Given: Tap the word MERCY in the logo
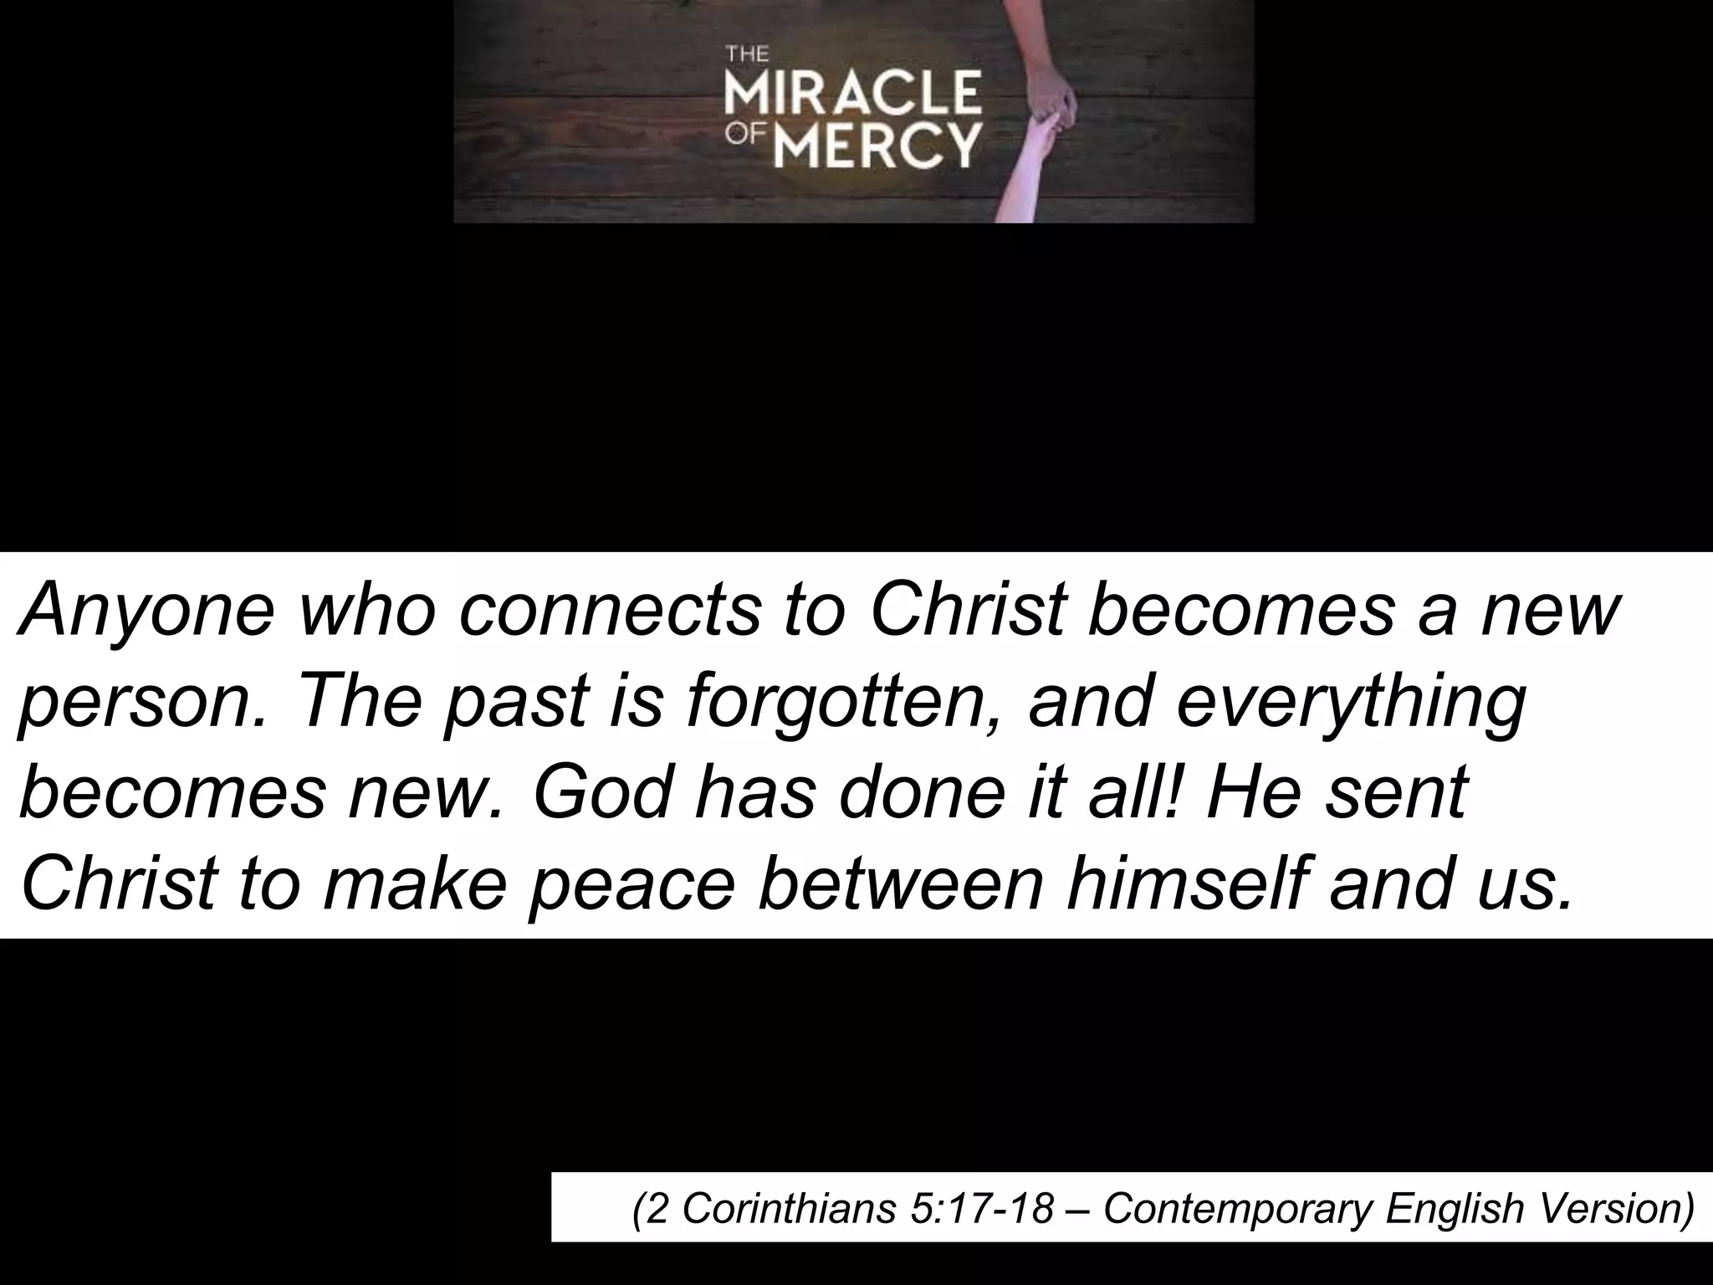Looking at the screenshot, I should click(877, 146).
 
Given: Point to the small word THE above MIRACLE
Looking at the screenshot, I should click(746, 56).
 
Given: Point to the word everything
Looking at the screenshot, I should click(1351, 703).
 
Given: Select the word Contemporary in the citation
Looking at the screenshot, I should click(1238, 1208).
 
